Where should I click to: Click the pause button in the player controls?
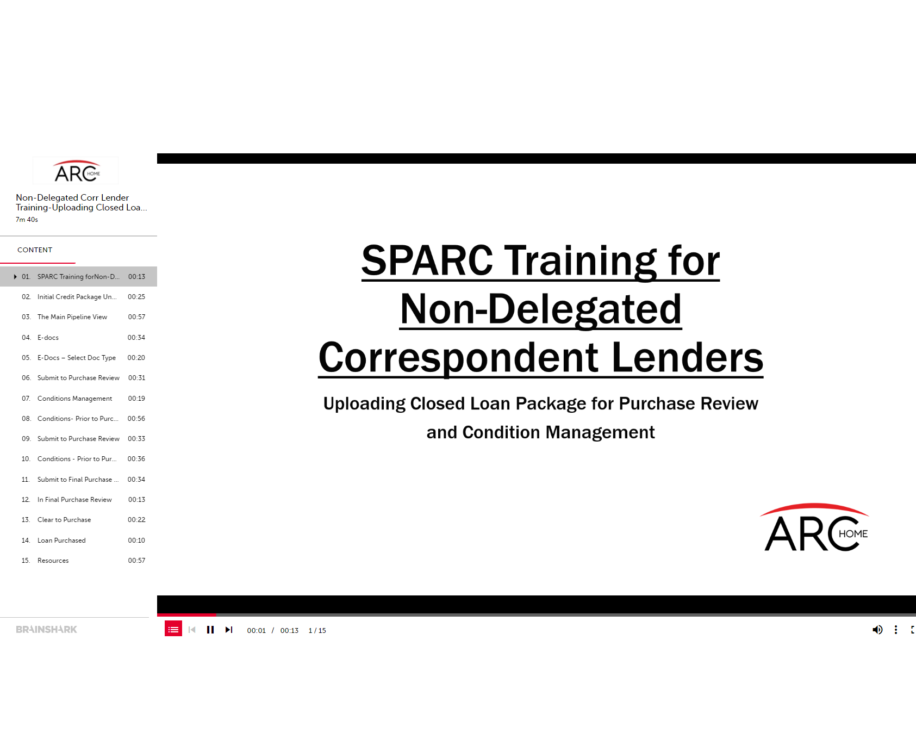pyautogui.click(x=210, y=630)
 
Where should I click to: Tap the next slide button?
pyautogui.click(x=229, y=630)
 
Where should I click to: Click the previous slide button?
pyautogui.click(x=192, y=630)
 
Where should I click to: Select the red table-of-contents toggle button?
pyautogui.click(x=173, y=629)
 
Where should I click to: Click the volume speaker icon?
pyautogui.click(x=877, y=630)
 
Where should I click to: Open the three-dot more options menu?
pyautogui.click(x=896, y=630)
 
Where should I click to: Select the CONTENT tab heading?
pyautogui.click(x=35, y=250)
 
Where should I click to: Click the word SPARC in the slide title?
pyautogui.click(x=427, y=260)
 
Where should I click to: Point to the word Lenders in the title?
pyautogui.click(x=688, y=358)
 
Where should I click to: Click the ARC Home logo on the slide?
pyautogui.click(x=816, y=527)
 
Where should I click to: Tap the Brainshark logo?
pyautogui.click(x=46, y=629)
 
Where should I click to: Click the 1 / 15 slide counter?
pyautogui.click(x=317, y=631)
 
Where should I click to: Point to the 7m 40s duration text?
pyautogui.click(x=27, y=220)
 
